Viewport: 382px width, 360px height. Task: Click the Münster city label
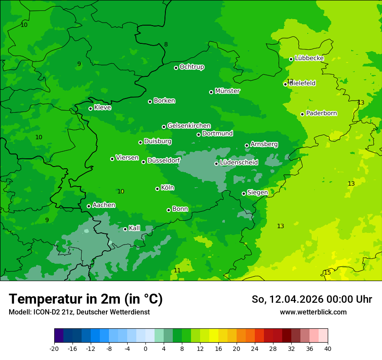[x=227, y=91]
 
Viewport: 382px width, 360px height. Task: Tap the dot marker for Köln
[x=157, y=189]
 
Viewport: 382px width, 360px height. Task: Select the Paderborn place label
[x=322, y=113]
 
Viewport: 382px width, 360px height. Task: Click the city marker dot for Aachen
[x=89, y=206]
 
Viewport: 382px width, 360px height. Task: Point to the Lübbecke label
[x=310, y=58]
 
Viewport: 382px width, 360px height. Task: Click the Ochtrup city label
[x=192, y=67]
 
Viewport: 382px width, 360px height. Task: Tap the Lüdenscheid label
[x=239, y=163]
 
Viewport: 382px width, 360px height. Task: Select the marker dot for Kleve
[x=90, y=108]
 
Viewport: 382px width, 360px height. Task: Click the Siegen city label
[x=257, y=193]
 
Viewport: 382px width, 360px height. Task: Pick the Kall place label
[x=135, y=228]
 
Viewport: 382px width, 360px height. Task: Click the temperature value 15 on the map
[x=327, y=272]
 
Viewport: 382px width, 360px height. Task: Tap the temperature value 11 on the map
[x=177, y=270]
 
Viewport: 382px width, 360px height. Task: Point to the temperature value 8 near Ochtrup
[x=166, y=44]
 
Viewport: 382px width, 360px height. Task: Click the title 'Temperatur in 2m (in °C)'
[x=86, y=299]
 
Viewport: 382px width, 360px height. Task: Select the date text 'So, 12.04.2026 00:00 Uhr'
[x=312, y=299]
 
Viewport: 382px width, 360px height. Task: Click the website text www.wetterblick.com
[x=313, y=312]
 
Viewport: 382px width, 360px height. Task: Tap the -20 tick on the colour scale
[x=54, y=348]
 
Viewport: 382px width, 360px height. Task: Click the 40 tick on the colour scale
[x=327, y=348]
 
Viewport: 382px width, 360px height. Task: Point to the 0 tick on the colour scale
[x=145, y=348]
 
